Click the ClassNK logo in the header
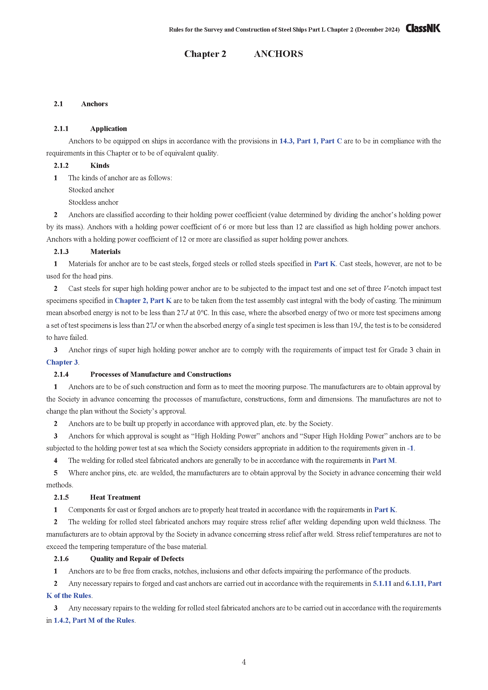click(423, 28)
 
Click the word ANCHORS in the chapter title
click(278, 54)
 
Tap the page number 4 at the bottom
click(244, 662)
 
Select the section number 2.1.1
click(61, 129)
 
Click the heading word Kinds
click(100, 165)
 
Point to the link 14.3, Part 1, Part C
click(310, 141)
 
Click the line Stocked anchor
click(91, 190)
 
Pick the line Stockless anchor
click(94, 202)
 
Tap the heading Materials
click(105, 252)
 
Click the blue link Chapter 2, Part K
click(143, 301)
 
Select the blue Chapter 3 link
click(62, 362)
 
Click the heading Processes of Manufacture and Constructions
click(161, 374)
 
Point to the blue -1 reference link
click(410, 448)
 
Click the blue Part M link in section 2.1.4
click(384, 460)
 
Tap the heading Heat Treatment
click(115, 497)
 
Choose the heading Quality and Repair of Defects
click(137, 558)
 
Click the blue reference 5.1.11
click(382, 583)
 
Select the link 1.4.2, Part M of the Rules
click(94, 620)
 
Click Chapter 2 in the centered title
click(205, 54)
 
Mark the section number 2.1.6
click(61, 559)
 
